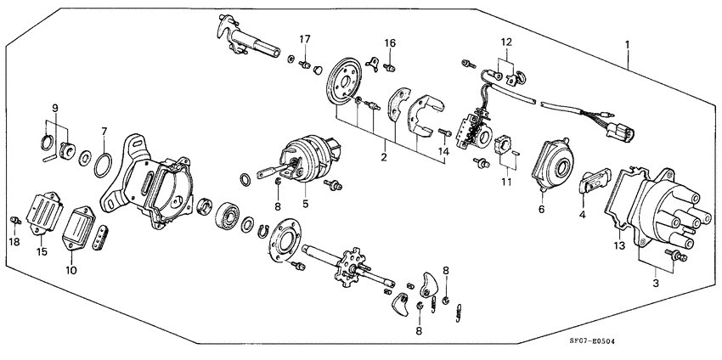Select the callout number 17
pyautogui.click(x=304, y=39)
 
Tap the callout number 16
pyautogui.click(x=390, y=43)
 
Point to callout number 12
pyautogui.click(x=505, y=42)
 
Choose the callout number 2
pyautogui.click(x=384, y=157)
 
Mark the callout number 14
pyautogui.click(x=442, y=151)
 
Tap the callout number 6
pyautogui.click(x=540, y=208)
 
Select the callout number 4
pyautogui.click(x=582, y=215)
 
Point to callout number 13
pyautogui.click(x=619, y=245)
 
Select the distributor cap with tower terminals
pyautogui.click(x=663, y=212)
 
